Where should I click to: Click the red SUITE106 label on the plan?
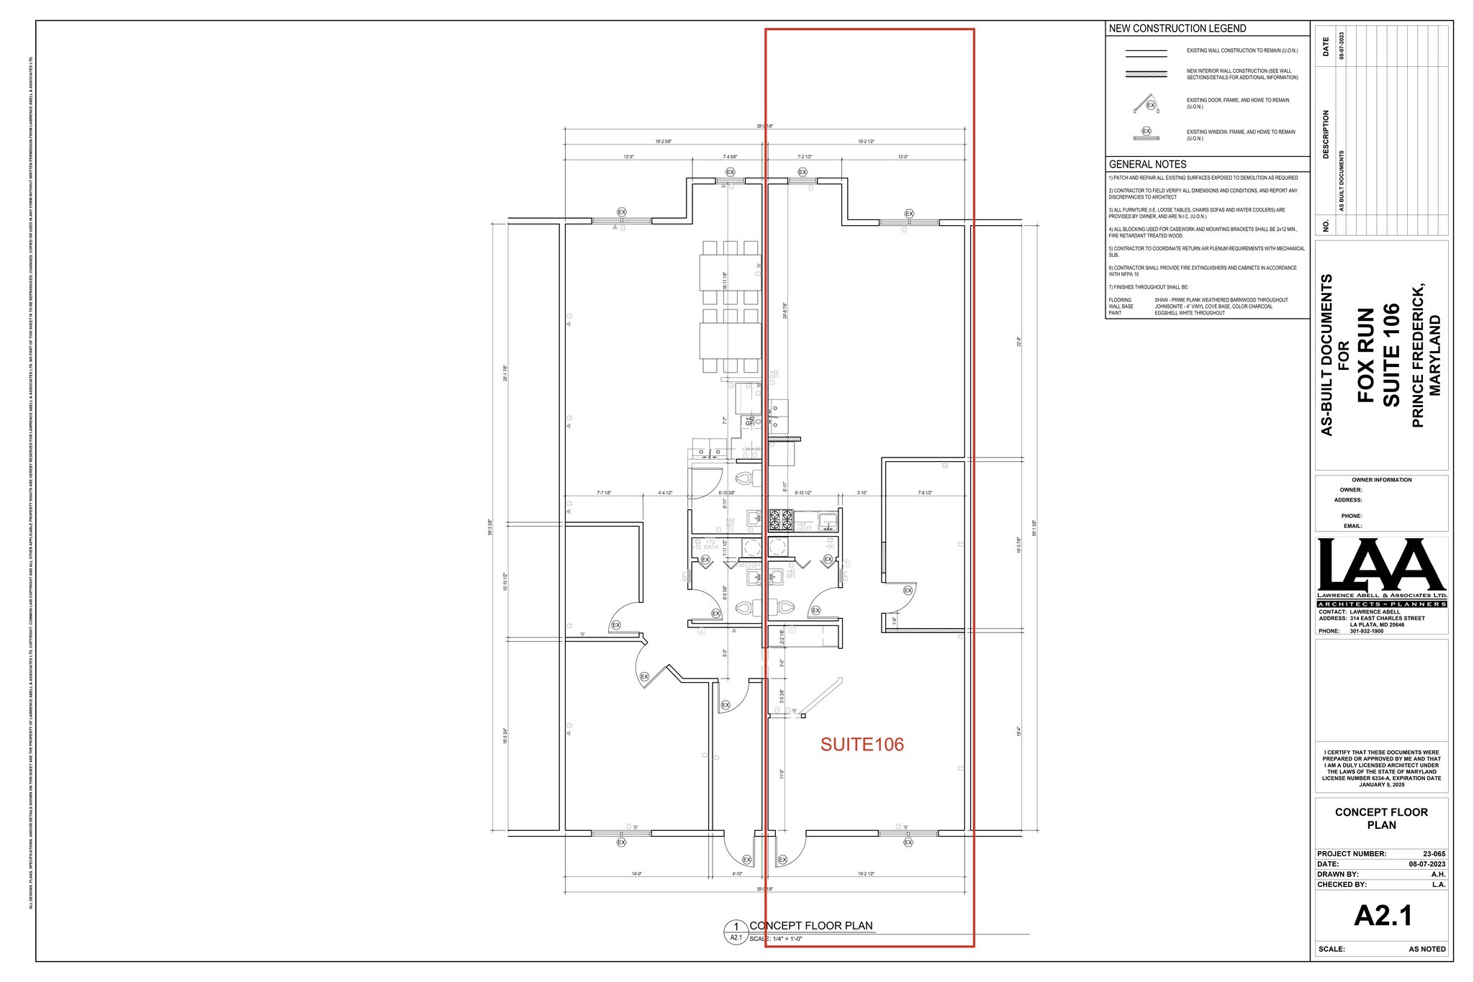(862, 745)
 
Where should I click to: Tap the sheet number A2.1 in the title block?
(1383, 916)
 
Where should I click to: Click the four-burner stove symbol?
(782, 519)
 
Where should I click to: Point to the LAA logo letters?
(1381, 566)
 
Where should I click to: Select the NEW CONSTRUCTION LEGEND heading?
(1177, 29)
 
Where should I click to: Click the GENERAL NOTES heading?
(1147, 164)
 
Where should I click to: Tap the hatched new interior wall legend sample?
(1146, 74)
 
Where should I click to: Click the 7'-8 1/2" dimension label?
(925, 493)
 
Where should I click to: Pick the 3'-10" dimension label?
(862, 493)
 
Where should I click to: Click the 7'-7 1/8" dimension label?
(604, 493)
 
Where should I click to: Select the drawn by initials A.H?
(1438, 874)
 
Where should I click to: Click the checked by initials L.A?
(1438, 884)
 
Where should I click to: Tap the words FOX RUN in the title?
(1365, 355)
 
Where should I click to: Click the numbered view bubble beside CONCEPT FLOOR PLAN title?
(736, 931)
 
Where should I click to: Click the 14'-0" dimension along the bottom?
(636, 873)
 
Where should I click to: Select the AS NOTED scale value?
(1426, 949)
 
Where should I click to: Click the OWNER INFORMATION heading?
(1381, 480)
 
